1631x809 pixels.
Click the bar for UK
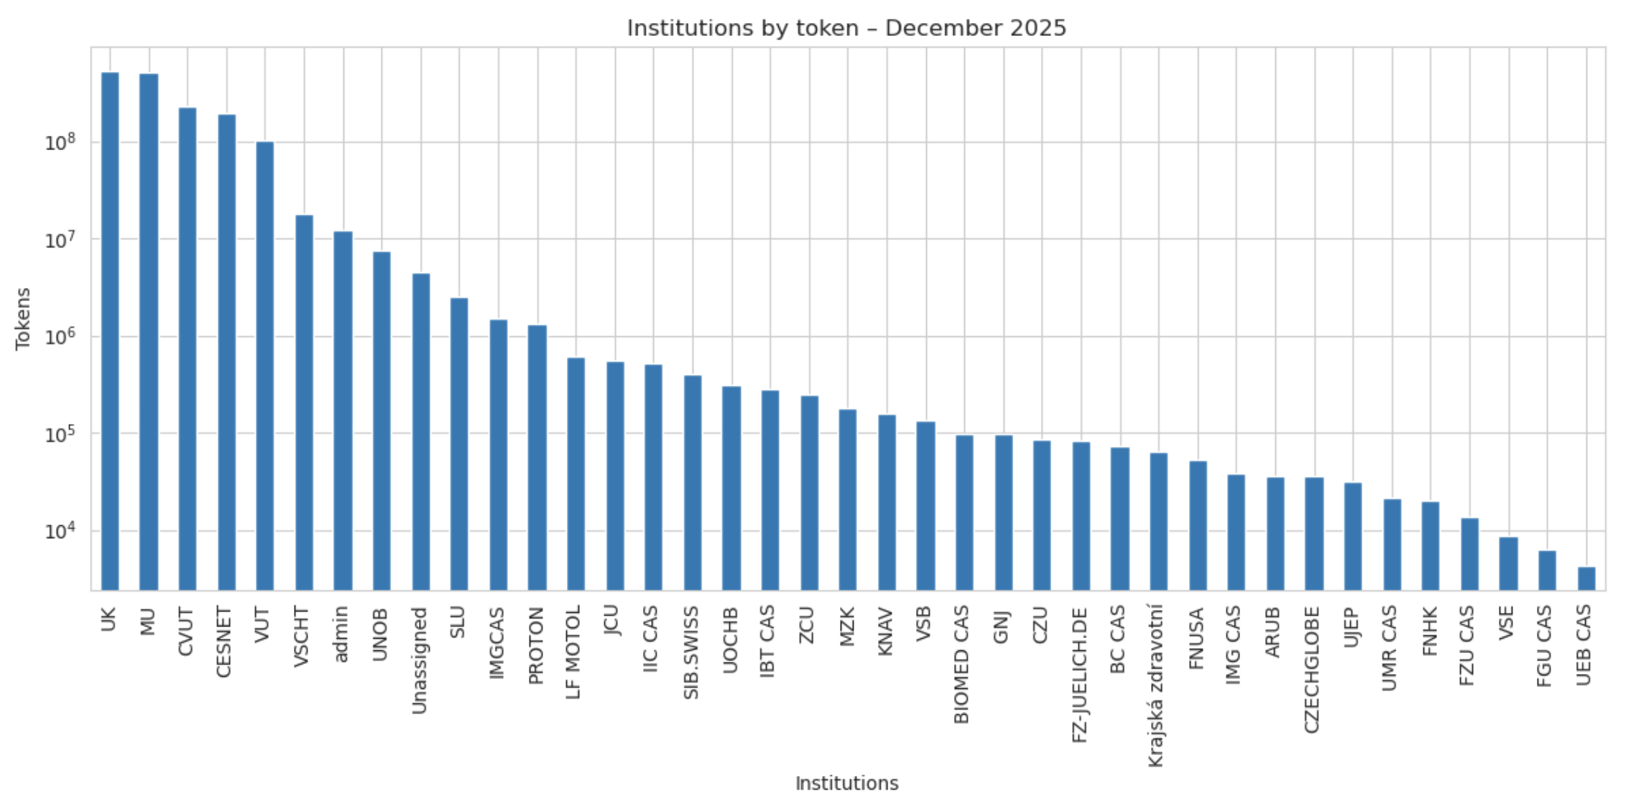click(110, 330)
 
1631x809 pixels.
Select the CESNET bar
click(226, 352)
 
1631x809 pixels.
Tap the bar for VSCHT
click(304, 402)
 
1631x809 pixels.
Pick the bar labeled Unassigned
click(421, 431)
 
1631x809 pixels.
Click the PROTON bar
click(537, 458)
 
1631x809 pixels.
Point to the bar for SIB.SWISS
click(693, 483)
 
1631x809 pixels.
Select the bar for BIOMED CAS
click(964, 512)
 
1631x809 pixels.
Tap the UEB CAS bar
click(1586, 578)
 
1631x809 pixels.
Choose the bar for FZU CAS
click(1469, 554)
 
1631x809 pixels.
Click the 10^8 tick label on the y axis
click(60, 142)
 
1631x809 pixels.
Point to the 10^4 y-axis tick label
click(60, 531)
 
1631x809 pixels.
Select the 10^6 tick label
click(60, 336)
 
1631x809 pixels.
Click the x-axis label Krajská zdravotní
click(1156, 685)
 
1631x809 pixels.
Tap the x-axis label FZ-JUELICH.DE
click(1080, 675)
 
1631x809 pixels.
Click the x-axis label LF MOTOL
click(573, 652)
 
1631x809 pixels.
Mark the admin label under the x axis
click(341, 633)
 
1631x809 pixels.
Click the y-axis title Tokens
click(24, 318)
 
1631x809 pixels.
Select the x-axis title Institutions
click(846, 783)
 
